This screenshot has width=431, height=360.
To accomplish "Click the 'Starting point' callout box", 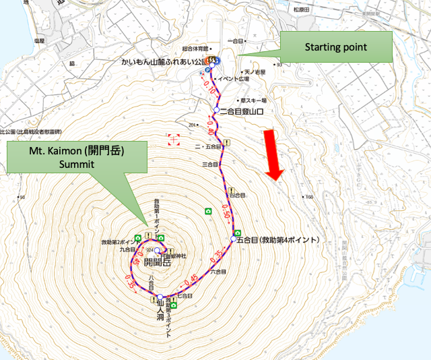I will pyautogui.click(x=335, y=48).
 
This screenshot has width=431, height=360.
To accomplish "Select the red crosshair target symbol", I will pyautogui.click(x=175, y=140).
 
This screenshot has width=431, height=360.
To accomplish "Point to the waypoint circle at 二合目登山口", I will pyautogui.click(x=216, y=110).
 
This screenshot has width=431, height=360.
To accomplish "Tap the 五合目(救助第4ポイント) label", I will pyautogui.click(x=277, y=239).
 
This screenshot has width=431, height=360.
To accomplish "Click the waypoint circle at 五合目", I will pyautogui.click(x=234, y=239).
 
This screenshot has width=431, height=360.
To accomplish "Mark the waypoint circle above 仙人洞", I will pyautogui.click(x=161, y=298).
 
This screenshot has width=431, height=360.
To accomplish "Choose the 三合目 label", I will pyautogui.click(x=211, y=164).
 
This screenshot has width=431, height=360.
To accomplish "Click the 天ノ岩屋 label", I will pyautogui.click(x=255, y=71).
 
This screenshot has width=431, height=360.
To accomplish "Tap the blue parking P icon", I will pyautogui.click(x=207, y=70).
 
